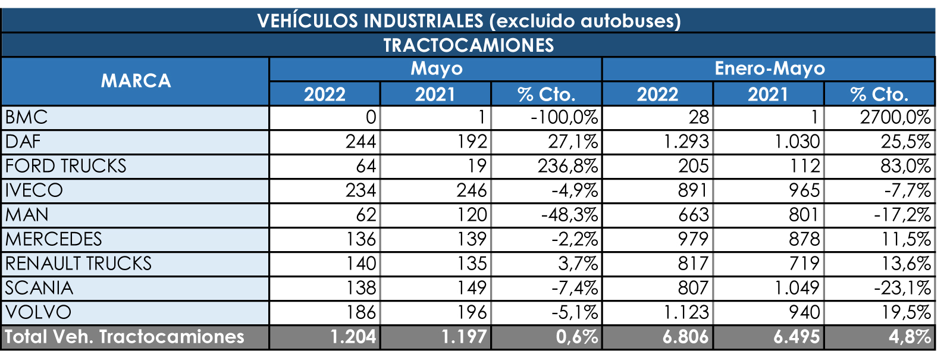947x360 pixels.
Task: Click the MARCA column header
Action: click(x=136, y=81)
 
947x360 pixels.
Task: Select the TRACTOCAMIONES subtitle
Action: click(x=468, y=45)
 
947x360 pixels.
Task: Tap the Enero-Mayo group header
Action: click(x=769, y=69)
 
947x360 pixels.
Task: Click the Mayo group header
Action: click(x=436, y=69)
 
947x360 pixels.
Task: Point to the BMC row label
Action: click(x=26, y=118)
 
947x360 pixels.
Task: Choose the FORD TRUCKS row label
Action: click(x=65, y=166)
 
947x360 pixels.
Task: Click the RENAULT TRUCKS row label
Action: click(x=79, y=264)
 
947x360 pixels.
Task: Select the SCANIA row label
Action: click(x=39, y=288)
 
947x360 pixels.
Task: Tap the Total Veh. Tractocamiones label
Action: click(x=124, y=337)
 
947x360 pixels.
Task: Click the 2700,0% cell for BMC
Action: click(x=895, y=118)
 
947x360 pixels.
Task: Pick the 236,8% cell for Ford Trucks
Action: click(x=567, y=166)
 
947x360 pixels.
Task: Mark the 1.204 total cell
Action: click(x=353, y=337)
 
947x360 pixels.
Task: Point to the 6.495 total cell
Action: click(x=797, y=337)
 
